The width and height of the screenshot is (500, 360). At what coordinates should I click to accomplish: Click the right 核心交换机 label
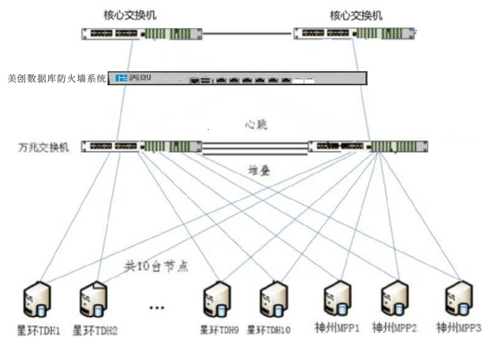click(356, 16)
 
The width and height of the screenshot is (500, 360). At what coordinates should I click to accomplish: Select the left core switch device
click(142, 34)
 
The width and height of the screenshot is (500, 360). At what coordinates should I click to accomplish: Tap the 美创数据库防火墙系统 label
click(57, 79)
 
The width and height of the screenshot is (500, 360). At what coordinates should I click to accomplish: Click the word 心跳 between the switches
click(255, 124)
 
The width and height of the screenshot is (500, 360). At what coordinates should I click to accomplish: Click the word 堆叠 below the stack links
click(258, 170)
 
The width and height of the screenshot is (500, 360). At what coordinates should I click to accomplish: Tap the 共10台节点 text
click(156, 266)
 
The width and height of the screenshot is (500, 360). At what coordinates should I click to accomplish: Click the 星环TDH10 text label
click(269, 331)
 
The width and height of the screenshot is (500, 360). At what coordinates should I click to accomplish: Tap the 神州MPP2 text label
click(394, 328)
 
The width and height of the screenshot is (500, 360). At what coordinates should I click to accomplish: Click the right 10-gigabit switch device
click(368, 146)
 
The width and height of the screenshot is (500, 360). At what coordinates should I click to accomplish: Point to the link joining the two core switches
click(247, 34)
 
